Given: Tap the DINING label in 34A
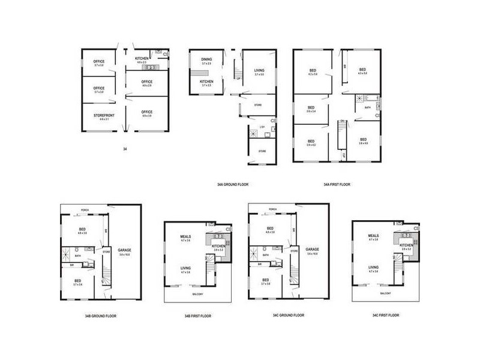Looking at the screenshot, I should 206,59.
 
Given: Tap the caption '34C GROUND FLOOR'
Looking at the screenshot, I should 288,315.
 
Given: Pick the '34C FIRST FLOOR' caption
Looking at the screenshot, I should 384,315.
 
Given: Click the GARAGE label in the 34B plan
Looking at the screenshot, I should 124,250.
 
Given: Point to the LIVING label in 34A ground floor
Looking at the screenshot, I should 260,70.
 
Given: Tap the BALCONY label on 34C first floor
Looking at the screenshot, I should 386,293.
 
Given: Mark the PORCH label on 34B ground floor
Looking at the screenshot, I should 85,210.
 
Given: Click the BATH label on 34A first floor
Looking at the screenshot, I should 367,108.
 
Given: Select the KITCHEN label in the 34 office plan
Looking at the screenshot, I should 142,58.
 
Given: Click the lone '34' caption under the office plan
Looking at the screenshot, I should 125,148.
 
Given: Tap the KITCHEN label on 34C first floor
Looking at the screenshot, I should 406,245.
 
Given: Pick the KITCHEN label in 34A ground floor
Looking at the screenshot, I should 206,82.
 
